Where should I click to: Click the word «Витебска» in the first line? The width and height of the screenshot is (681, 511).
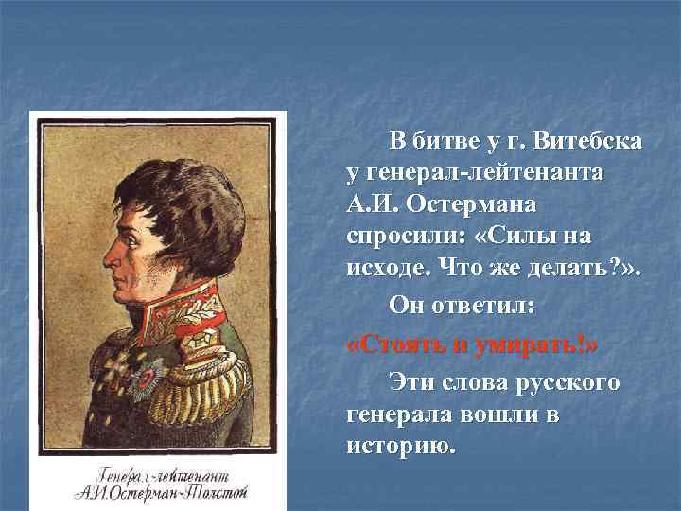pyautogui.click(x=587, y=143)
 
